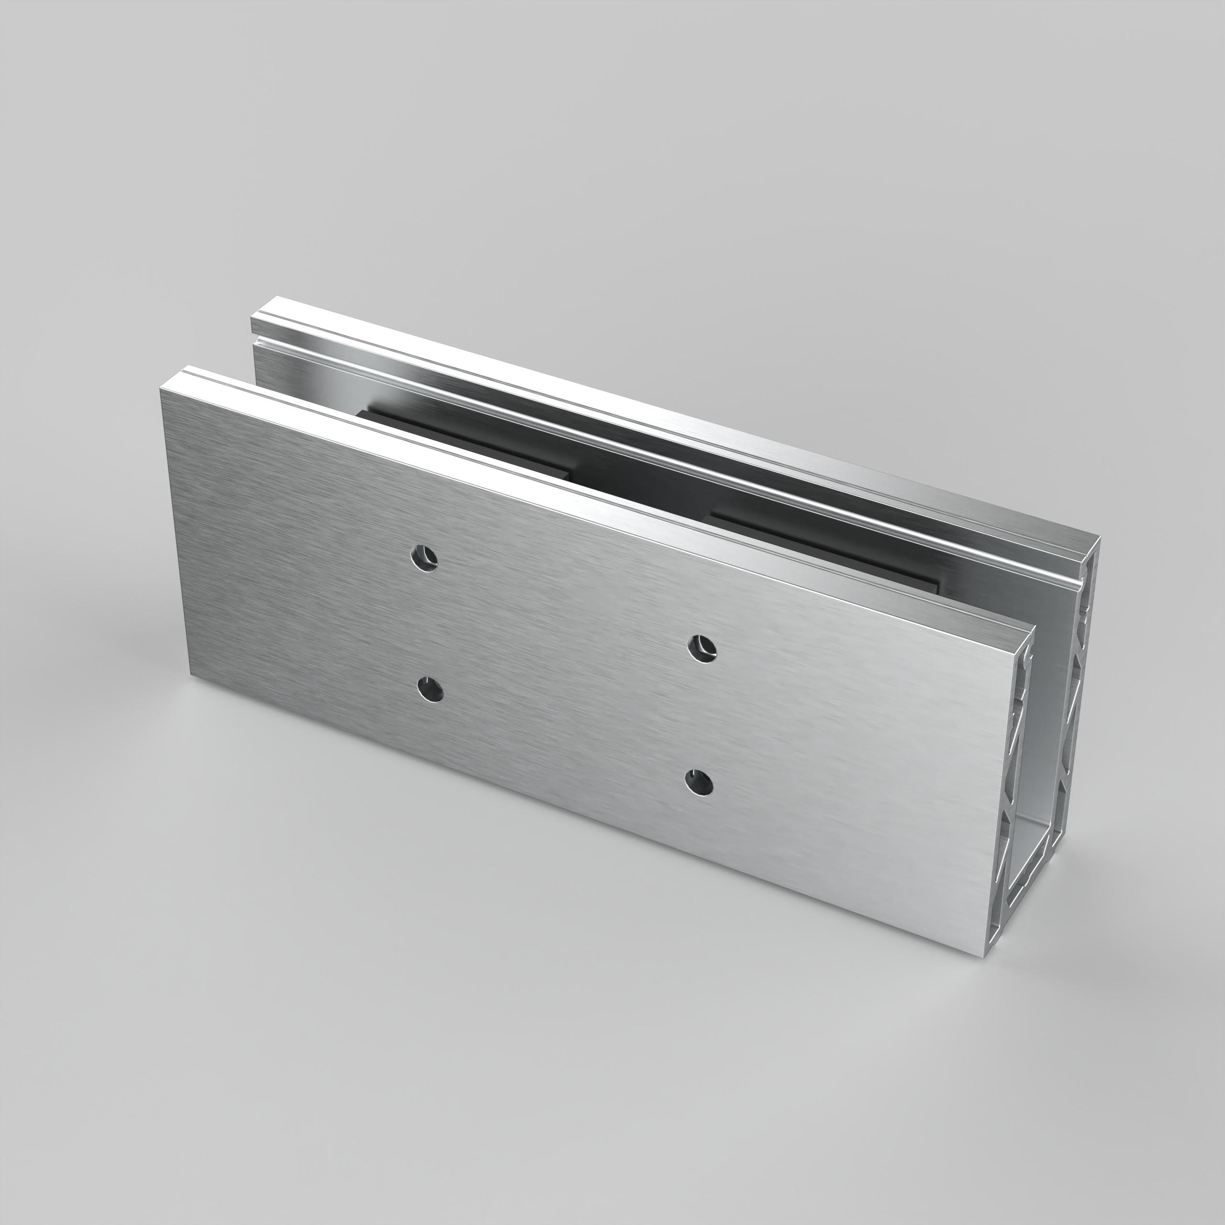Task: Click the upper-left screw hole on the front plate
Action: tap(424, 558)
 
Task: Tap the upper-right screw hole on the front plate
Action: tap(702, 648)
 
